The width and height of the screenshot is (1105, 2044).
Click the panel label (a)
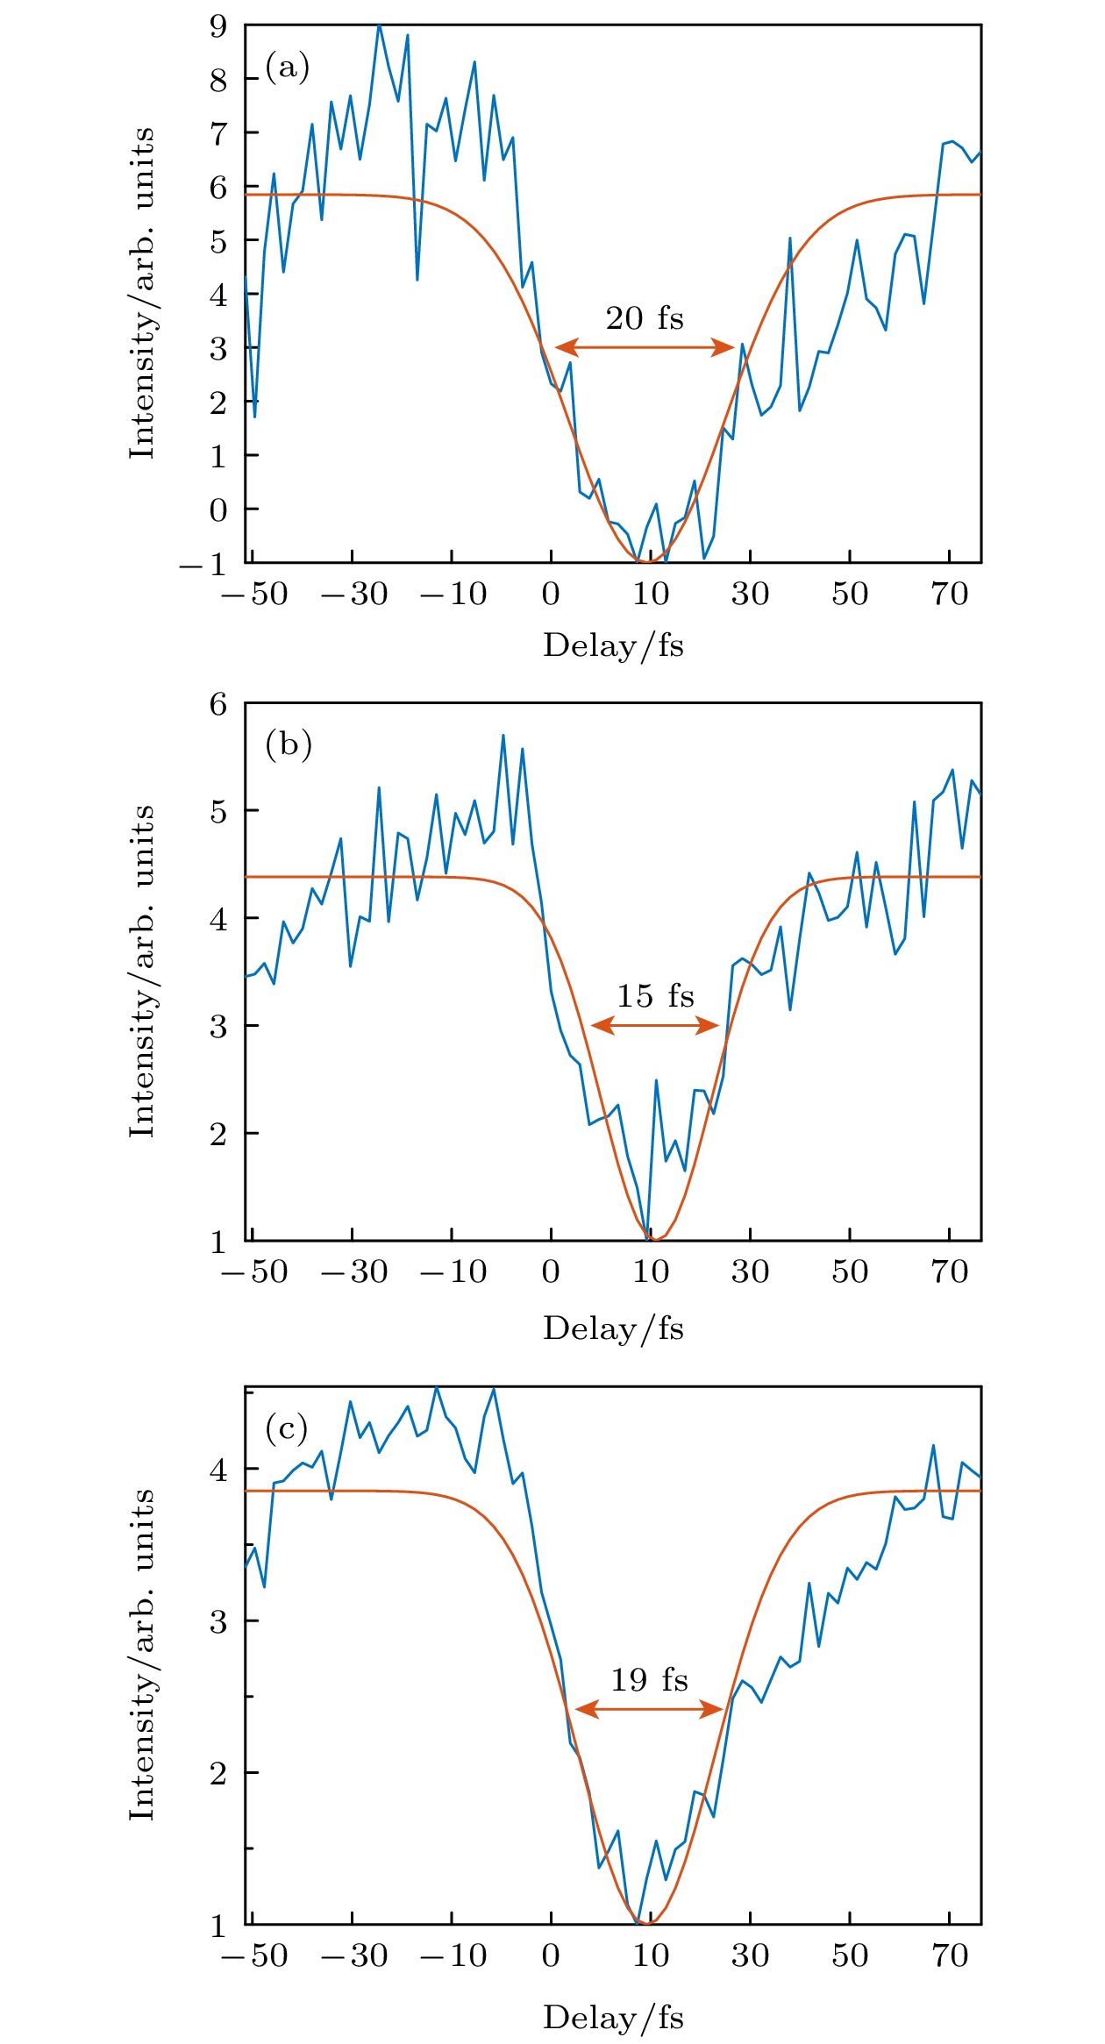click(x=287, y=67)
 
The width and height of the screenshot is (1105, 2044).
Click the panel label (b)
click(x=288, y=744)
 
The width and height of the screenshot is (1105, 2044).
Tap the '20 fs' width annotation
click(x=644, y=318)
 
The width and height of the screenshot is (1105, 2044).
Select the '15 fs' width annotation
click(x=654, y=996)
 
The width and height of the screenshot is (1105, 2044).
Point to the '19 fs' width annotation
click(x=649, y=1679)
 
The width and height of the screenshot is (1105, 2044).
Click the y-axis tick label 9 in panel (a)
click(x=217, y=26)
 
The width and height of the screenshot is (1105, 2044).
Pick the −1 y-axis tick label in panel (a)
click(x=203, y=565)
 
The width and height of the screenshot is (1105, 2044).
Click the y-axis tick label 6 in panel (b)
click(x=217, y=704)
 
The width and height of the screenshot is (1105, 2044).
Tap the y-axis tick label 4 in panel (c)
click(x=217, y=1469)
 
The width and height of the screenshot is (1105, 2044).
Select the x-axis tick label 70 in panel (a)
click(x=949, y=595)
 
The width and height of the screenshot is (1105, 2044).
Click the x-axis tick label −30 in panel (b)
click(x=353, y=1272)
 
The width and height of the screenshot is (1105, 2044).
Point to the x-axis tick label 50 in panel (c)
click(x=849, y=1956)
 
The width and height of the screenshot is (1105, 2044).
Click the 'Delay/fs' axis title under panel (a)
click(x=613, y=646)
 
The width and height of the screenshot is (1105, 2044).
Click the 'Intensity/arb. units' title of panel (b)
click(x=142, y=972)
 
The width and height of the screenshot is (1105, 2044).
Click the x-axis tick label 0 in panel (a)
click(x=551, y=595)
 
